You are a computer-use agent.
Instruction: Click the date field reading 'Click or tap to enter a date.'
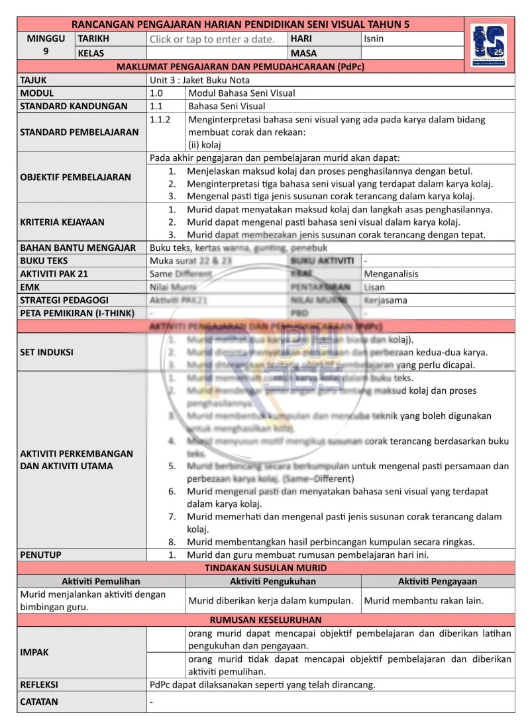click(x=212, y=39)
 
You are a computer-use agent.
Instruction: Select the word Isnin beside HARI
click(x=374, y=39)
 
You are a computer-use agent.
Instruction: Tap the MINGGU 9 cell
click(x=46, y=45)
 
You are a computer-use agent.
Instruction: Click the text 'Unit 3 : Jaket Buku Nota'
click(x=199, y=80)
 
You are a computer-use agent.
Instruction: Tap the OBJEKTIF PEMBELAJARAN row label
click(x=76, y=177)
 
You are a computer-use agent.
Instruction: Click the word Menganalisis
click(x=392, y=274)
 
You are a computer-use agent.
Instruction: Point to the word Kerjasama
click(x=386, y=300)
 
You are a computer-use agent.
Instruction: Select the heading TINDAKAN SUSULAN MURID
click(x=266, y=568)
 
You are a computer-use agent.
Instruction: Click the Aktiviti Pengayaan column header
click(x=437, y=581)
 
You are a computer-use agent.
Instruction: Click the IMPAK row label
click(x=34, y=652)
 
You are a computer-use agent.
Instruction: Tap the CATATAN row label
click(x=39, y=702)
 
